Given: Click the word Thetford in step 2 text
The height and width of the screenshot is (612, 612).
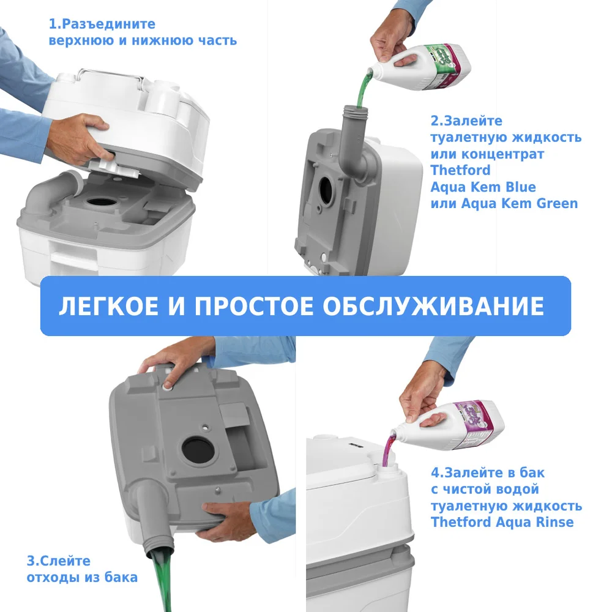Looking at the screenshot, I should coord(461,170).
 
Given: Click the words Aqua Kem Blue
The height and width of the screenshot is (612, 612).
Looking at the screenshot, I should coord(483,187).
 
